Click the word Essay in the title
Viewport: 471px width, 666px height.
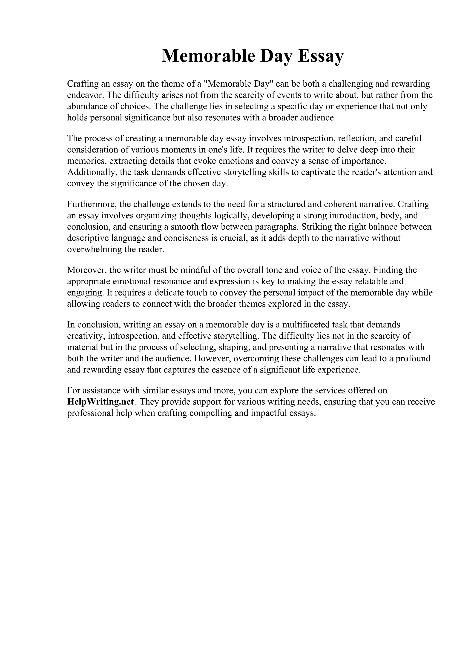[x=320, y=56]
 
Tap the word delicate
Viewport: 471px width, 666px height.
[x=169, y=293]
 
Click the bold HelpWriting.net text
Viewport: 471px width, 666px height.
[x=101, y=402]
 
